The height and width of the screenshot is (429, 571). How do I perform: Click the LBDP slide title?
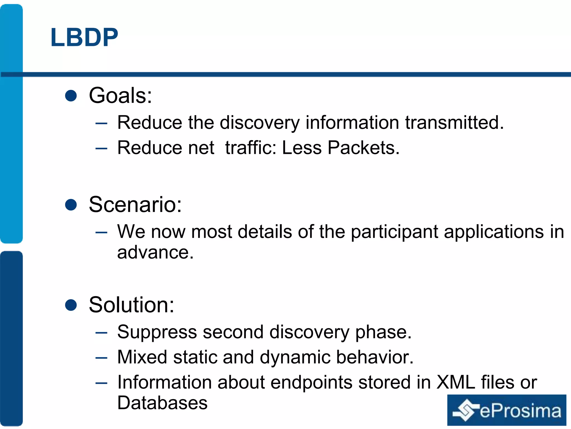84,37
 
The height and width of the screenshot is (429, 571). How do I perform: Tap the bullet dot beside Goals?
71,96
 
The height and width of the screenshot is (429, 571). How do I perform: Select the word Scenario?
135,204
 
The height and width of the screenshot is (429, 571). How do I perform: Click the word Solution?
131,305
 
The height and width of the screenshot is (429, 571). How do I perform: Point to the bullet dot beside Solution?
71,305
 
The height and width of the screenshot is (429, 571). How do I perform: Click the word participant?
394,232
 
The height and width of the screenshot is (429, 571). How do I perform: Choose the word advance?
155,252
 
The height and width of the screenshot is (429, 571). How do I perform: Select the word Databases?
162,403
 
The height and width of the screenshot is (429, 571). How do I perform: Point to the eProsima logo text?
520,411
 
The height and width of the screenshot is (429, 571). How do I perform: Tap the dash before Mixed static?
101,358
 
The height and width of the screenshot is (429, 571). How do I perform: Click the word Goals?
120,96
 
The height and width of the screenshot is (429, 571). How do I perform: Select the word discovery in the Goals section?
260,123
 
